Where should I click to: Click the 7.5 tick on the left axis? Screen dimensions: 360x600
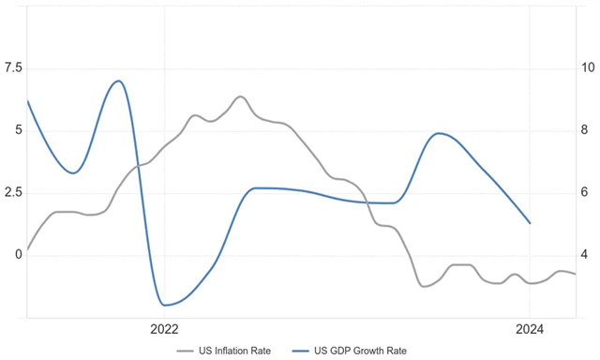coord(13,67)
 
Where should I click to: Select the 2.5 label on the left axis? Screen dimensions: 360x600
coord(13,192)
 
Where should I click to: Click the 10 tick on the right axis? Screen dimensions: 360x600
coord(588,67)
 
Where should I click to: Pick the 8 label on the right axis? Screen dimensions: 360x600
coord(585,129)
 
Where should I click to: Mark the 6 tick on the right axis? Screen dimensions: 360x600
coord(585,192)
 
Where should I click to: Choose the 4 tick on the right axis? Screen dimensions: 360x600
coord(585,254)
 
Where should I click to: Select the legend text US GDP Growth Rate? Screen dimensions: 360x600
coord(362,351)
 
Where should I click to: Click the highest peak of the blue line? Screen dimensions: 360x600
coord(118,81)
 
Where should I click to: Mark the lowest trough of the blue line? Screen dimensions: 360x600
coord(165,305)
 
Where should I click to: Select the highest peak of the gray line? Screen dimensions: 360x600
coord(240,97)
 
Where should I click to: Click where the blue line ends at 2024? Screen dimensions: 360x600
coord(530,223)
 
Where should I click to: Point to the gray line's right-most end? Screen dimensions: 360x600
coord(575,274)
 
